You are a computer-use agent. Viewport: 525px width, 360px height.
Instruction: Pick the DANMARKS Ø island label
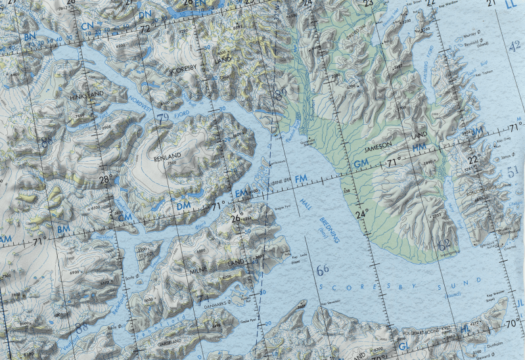click(221, 303)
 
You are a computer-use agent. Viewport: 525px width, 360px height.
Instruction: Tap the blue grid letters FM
click(301, 179)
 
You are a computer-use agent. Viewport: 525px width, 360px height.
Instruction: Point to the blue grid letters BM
click(63, 229)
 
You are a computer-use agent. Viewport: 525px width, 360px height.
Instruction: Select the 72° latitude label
click(145, 29)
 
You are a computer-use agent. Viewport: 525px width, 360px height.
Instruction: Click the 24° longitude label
click(361, 214)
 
